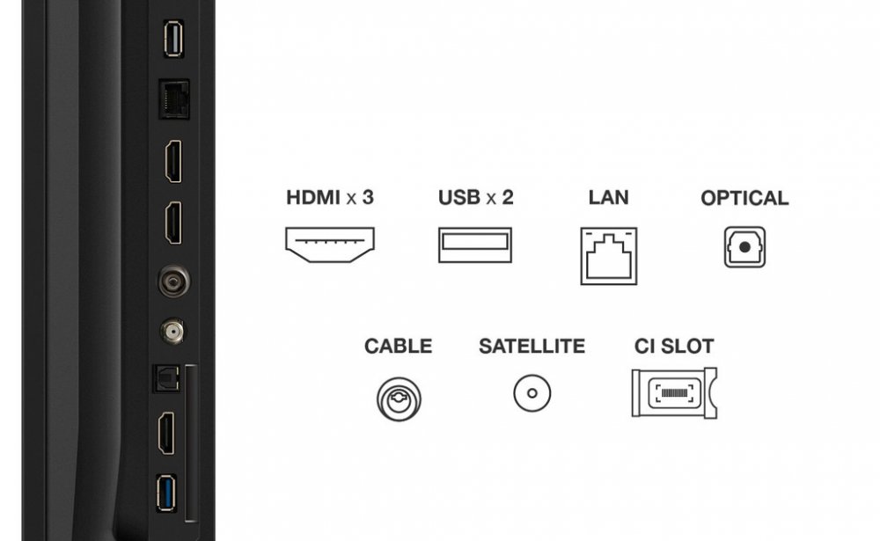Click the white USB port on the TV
pyautogui.click(x=173, y=39)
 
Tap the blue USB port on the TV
pyautogui.click(x=166, y=493)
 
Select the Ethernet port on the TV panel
pyautogui.click(x=174, y=99)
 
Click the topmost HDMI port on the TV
pyautogui.click(x=173, y=162)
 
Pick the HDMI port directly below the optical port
pyautogui.click(x=166, y=434)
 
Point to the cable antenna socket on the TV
pyautogui.click(x=174, y=281)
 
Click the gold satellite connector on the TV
pyautogui.click(x=172, y=331)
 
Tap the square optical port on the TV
pyautogui.click(x=166, y=378)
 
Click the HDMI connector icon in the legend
pyautogui.click(x=329, y=245)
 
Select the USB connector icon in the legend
pyautogui.click(x=475, y=245)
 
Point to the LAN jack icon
pyautogui.click(x=608, y=256)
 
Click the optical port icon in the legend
pyautogui.click(x=744, y=247)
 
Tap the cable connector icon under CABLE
pyautogui.click(x=399, y=399)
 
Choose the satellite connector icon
pyautogui.click(x=532, y=393)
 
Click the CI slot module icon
pyautogui.click(x=674, y=393)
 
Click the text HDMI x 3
pyautogui.click(x=330, y=198)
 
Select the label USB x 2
pyautogui.click(x=475, y=198)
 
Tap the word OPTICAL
pyautogui.click(x=744, y=198)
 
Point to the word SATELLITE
pyautogui.click(x=532, y=347)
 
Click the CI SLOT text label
pyautogui.click(x=674, y=347)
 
